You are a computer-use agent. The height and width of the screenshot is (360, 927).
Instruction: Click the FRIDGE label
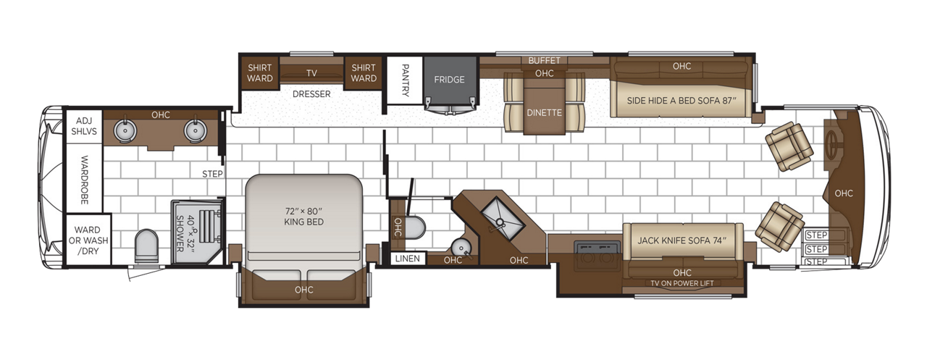click(449, 80)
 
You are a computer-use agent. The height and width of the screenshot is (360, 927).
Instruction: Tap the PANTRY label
click(405, 79)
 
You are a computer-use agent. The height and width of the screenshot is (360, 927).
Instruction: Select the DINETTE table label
click(545, 112)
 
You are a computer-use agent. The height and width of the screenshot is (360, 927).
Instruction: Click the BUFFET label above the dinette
click(544, 60)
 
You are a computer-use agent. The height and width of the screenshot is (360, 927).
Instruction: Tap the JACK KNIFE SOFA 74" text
click(681, 240)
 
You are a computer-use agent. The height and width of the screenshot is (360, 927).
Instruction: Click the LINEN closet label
click(407, 259)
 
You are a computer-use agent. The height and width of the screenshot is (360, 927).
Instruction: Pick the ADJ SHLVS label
click(83, 125)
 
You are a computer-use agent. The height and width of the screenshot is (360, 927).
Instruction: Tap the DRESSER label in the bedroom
click(311, 94)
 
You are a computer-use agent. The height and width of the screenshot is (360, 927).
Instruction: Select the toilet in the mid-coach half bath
click(415, 227)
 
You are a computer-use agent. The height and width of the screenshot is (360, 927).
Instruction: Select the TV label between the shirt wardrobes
click(311, 73)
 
